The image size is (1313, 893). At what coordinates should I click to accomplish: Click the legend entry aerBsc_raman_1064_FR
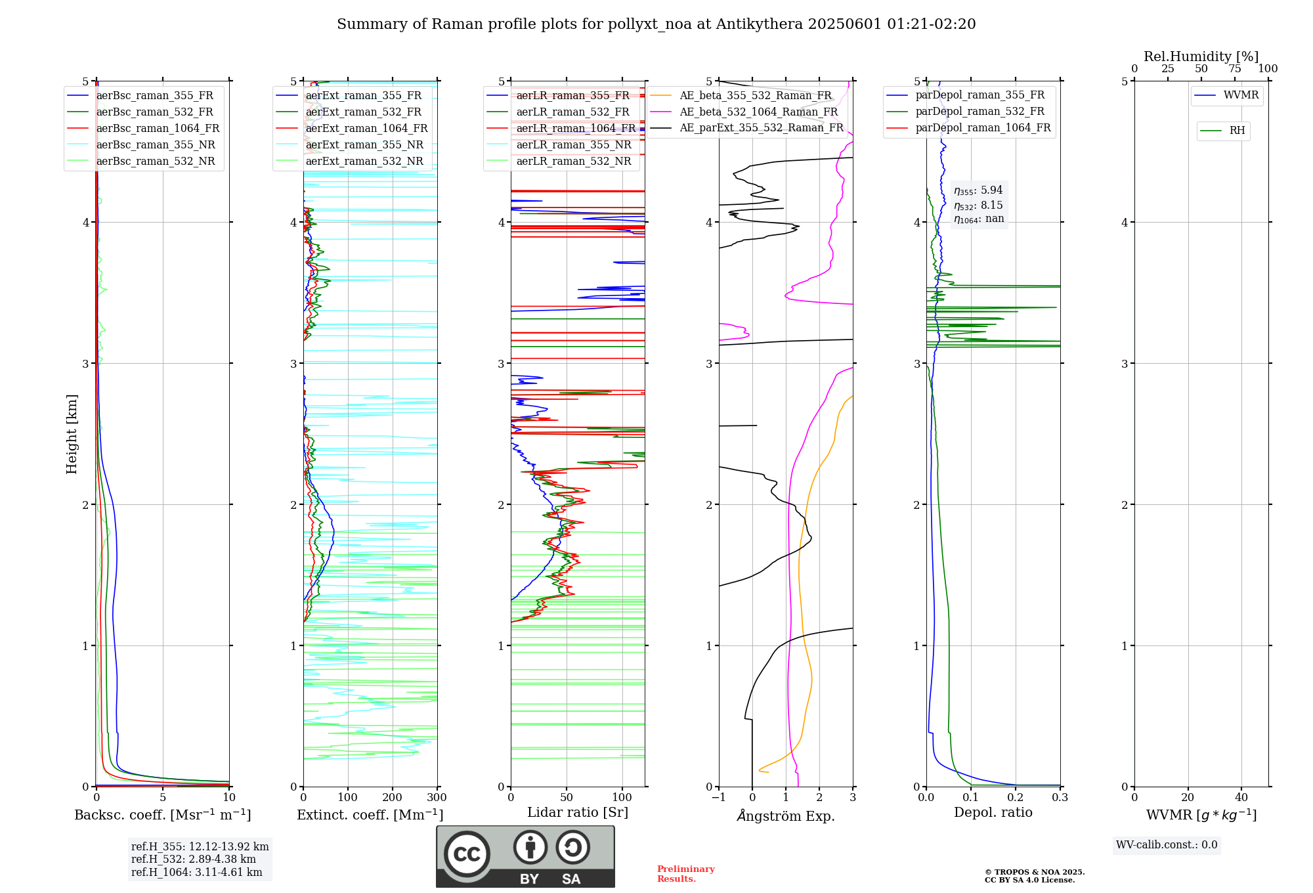tap(158, 129)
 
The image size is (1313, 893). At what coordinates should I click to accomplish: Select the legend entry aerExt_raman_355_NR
tap(364, 145)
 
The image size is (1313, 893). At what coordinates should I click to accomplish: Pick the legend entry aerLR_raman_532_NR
tap(573, 162)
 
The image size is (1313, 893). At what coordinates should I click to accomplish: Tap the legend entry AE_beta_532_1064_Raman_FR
tap(758, 112)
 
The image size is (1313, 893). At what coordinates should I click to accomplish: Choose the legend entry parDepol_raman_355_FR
tap(979, 95)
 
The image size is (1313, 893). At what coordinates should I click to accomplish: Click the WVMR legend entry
tap(1241, 95)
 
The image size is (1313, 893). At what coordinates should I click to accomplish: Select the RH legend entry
tap(1237, 131)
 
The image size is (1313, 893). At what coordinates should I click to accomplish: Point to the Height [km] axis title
tap(72, 433)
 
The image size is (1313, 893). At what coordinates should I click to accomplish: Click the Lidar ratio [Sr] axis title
tap(577, 812)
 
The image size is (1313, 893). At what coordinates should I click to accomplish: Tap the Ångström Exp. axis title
tap(785, 816)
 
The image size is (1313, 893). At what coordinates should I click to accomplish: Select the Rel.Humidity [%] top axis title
tap(1201, 56)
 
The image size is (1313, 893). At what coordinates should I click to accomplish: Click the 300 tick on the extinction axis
tap(437, 798)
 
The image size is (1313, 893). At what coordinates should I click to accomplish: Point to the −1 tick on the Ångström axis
tap(718, 798)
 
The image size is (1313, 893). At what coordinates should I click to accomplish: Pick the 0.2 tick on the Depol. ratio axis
tap(1015, 798)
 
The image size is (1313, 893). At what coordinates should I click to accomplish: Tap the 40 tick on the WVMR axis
tap(1241, 798)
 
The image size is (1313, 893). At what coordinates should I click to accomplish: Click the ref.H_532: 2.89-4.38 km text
tap(194, 860)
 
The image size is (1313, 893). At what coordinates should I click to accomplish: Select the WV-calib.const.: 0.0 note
tap(1167, 845)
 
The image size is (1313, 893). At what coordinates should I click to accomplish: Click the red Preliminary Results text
tap(685, 874)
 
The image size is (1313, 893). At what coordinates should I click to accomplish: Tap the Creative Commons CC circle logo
tap(467, 854)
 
